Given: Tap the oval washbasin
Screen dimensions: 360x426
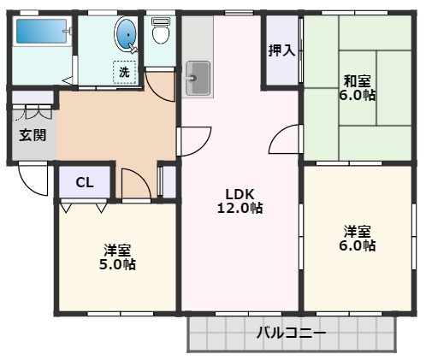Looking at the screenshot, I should [x=126, y=35].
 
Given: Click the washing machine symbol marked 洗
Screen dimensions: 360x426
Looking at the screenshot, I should [x=125, y=72].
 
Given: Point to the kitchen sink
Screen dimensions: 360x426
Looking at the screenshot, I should [x=198, y=79].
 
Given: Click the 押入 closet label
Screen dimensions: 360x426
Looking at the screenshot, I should [x=281, y=50].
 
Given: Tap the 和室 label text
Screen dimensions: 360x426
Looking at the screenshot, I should [x=358, y=81].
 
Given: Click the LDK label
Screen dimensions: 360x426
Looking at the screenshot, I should [x=240, y=192].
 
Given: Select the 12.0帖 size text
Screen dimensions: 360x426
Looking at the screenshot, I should [x=240, y=208].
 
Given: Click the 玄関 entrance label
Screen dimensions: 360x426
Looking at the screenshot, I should [x=33, y=135].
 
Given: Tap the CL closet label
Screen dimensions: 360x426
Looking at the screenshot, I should [x=84, y=181].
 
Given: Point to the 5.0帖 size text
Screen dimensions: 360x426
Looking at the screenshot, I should [x=118, y=264].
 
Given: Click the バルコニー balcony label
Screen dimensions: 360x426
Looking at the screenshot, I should [x=291, y=333].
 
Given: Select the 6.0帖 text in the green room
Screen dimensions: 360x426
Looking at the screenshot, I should [x=358, y=96].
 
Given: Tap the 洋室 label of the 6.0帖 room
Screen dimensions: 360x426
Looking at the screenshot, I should [x=358, y=231].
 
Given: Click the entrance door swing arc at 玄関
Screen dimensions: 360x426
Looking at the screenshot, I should [x=30, y=180].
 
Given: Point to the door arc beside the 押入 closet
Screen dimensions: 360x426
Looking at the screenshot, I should [x=284, y=139].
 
